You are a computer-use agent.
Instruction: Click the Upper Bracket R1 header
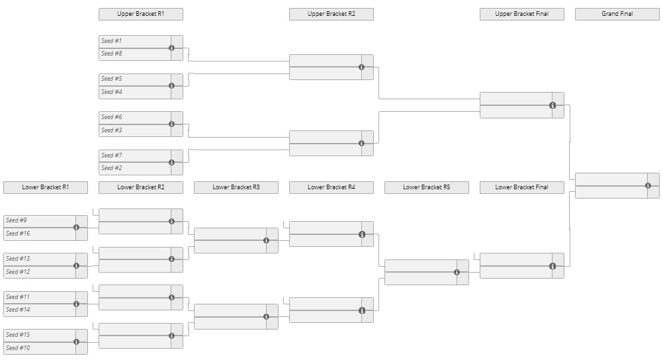(141, 14)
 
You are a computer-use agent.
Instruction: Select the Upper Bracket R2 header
(331, 14)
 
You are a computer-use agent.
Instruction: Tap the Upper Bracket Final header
(522, 14)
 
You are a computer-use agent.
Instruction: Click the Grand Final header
(617, 14)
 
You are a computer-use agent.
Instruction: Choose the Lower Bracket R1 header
(46, 187)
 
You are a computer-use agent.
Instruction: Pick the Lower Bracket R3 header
(236, 187)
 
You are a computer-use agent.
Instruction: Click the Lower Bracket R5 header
(427, 187)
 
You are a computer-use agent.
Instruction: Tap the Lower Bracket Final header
(522, 187)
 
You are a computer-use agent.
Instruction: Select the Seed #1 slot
(135, 42)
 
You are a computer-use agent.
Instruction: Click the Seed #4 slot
(135, 92)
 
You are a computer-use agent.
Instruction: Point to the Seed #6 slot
(135, 118)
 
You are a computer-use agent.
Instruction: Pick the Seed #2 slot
(135, 168)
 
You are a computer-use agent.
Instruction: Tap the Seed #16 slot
(40, 234)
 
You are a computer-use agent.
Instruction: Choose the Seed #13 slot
(40, 259)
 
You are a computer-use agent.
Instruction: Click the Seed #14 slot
(40, 310)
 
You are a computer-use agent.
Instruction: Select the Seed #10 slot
(40, 348)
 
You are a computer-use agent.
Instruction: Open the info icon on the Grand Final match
(648, 186)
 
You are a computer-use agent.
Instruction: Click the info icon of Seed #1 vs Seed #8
(171, 48)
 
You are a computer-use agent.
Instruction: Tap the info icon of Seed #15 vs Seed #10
(77, 342)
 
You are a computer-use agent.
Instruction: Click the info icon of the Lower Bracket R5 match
(457, 273)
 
